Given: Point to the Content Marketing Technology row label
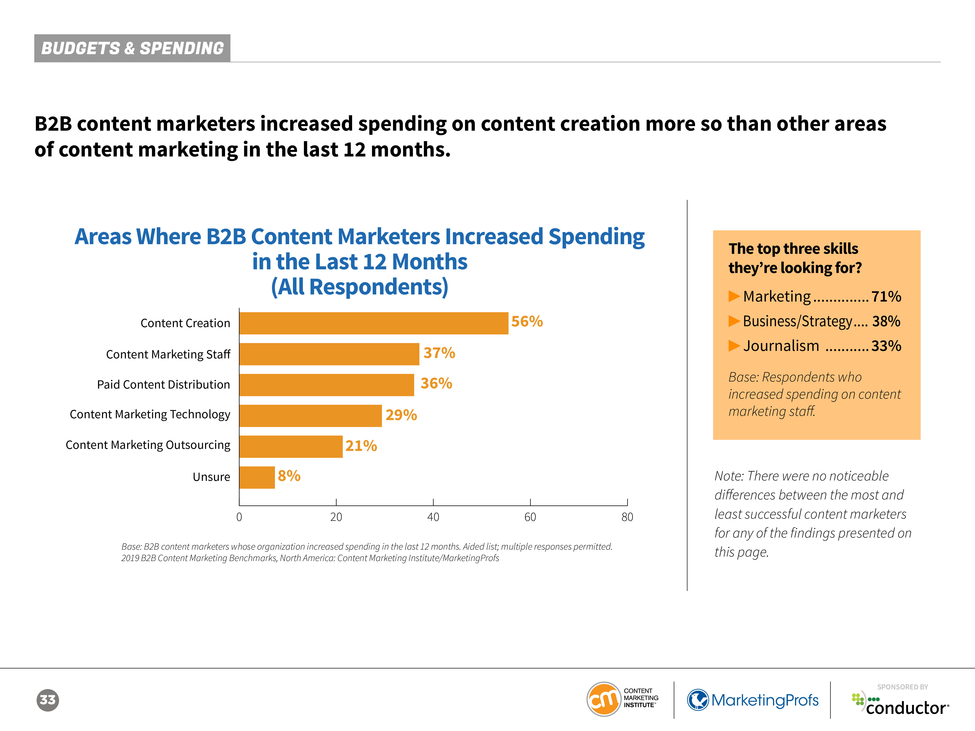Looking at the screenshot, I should (150, 415).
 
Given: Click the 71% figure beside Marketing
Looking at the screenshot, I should (886, 297).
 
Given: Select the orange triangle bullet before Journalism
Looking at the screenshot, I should (734, 346).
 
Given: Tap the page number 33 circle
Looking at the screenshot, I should (48, 700).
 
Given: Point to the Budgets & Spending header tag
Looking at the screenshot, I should (132, 48).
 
